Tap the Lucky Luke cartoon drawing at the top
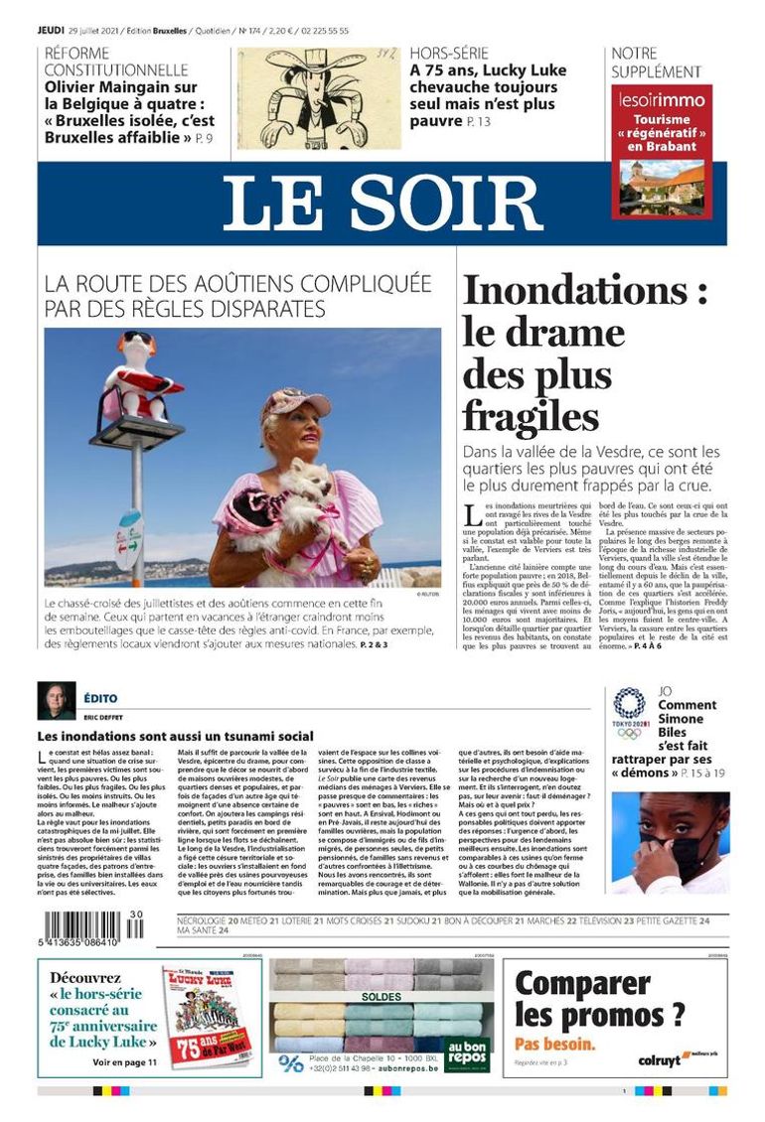(319, 98)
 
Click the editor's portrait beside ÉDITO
(56, 700)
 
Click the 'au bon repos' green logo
(466, 1051)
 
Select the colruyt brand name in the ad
(659, 1059)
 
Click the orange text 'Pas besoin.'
(555, 1044)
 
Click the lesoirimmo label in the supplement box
(662, 99)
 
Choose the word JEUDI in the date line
(52, 31)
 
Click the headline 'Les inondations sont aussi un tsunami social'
(175, 736)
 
